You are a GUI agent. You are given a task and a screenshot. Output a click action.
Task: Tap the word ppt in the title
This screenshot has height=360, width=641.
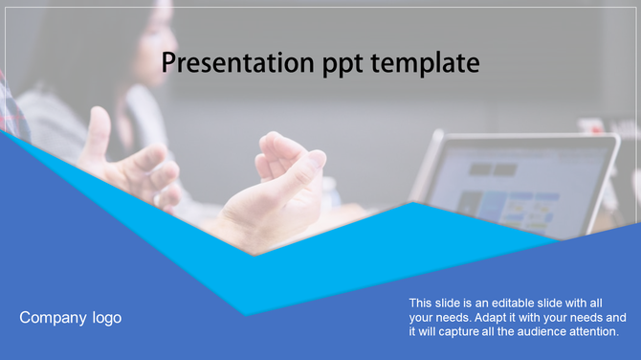click(x=340, y=65)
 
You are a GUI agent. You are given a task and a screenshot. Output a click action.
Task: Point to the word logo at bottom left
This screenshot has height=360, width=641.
click(x=106, y=318)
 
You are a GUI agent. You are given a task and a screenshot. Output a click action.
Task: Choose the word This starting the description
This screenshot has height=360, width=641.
click(x=422, y=302)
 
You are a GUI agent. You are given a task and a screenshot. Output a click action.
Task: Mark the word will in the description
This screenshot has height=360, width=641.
click(x=429, y=330)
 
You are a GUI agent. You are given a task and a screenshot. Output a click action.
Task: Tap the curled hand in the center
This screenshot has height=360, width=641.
click(x=277, y=191)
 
